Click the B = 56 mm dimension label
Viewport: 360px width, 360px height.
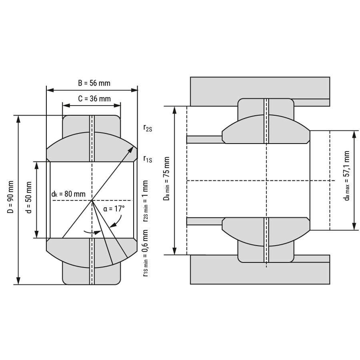point(94,83)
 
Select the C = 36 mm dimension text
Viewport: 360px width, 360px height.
point(94,98)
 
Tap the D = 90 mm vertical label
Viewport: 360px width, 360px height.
point(10,197)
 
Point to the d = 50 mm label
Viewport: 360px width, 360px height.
point(28,198)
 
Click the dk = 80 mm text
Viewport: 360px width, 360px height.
point(68,194)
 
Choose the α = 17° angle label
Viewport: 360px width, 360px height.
point(114,209)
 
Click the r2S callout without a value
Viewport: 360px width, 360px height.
point(148,128)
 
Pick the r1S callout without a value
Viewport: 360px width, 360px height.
point(148,159)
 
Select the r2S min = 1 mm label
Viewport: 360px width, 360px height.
point(146,201)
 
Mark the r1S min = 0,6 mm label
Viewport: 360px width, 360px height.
point(146,253)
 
